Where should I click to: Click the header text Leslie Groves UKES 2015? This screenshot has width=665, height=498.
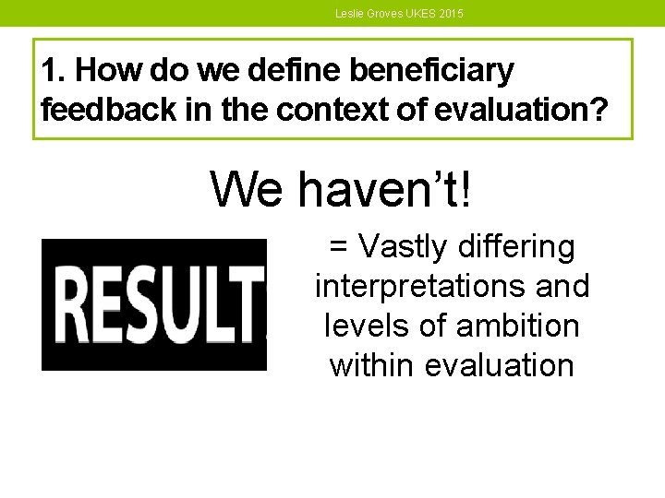tap(400, 14)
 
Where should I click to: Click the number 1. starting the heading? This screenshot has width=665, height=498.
tap(54, 70)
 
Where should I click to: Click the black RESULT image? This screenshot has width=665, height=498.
tap(154, 304)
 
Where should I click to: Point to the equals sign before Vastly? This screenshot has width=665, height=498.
tap(339, 247)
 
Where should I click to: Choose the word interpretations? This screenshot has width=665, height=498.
tap(418, 287)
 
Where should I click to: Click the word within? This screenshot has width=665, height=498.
tap(372, 366)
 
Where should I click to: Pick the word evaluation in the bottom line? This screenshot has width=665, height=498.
tap(501, 366)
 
